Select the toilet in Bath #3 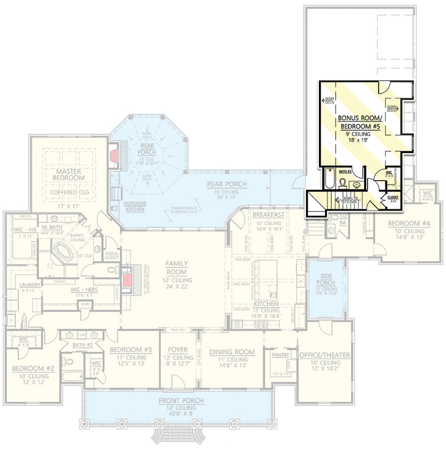pos(343,183)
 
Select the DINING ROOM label pos(231,352)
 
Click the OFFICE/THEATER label pos(325,355)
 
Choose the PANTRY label pos(281,356)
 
